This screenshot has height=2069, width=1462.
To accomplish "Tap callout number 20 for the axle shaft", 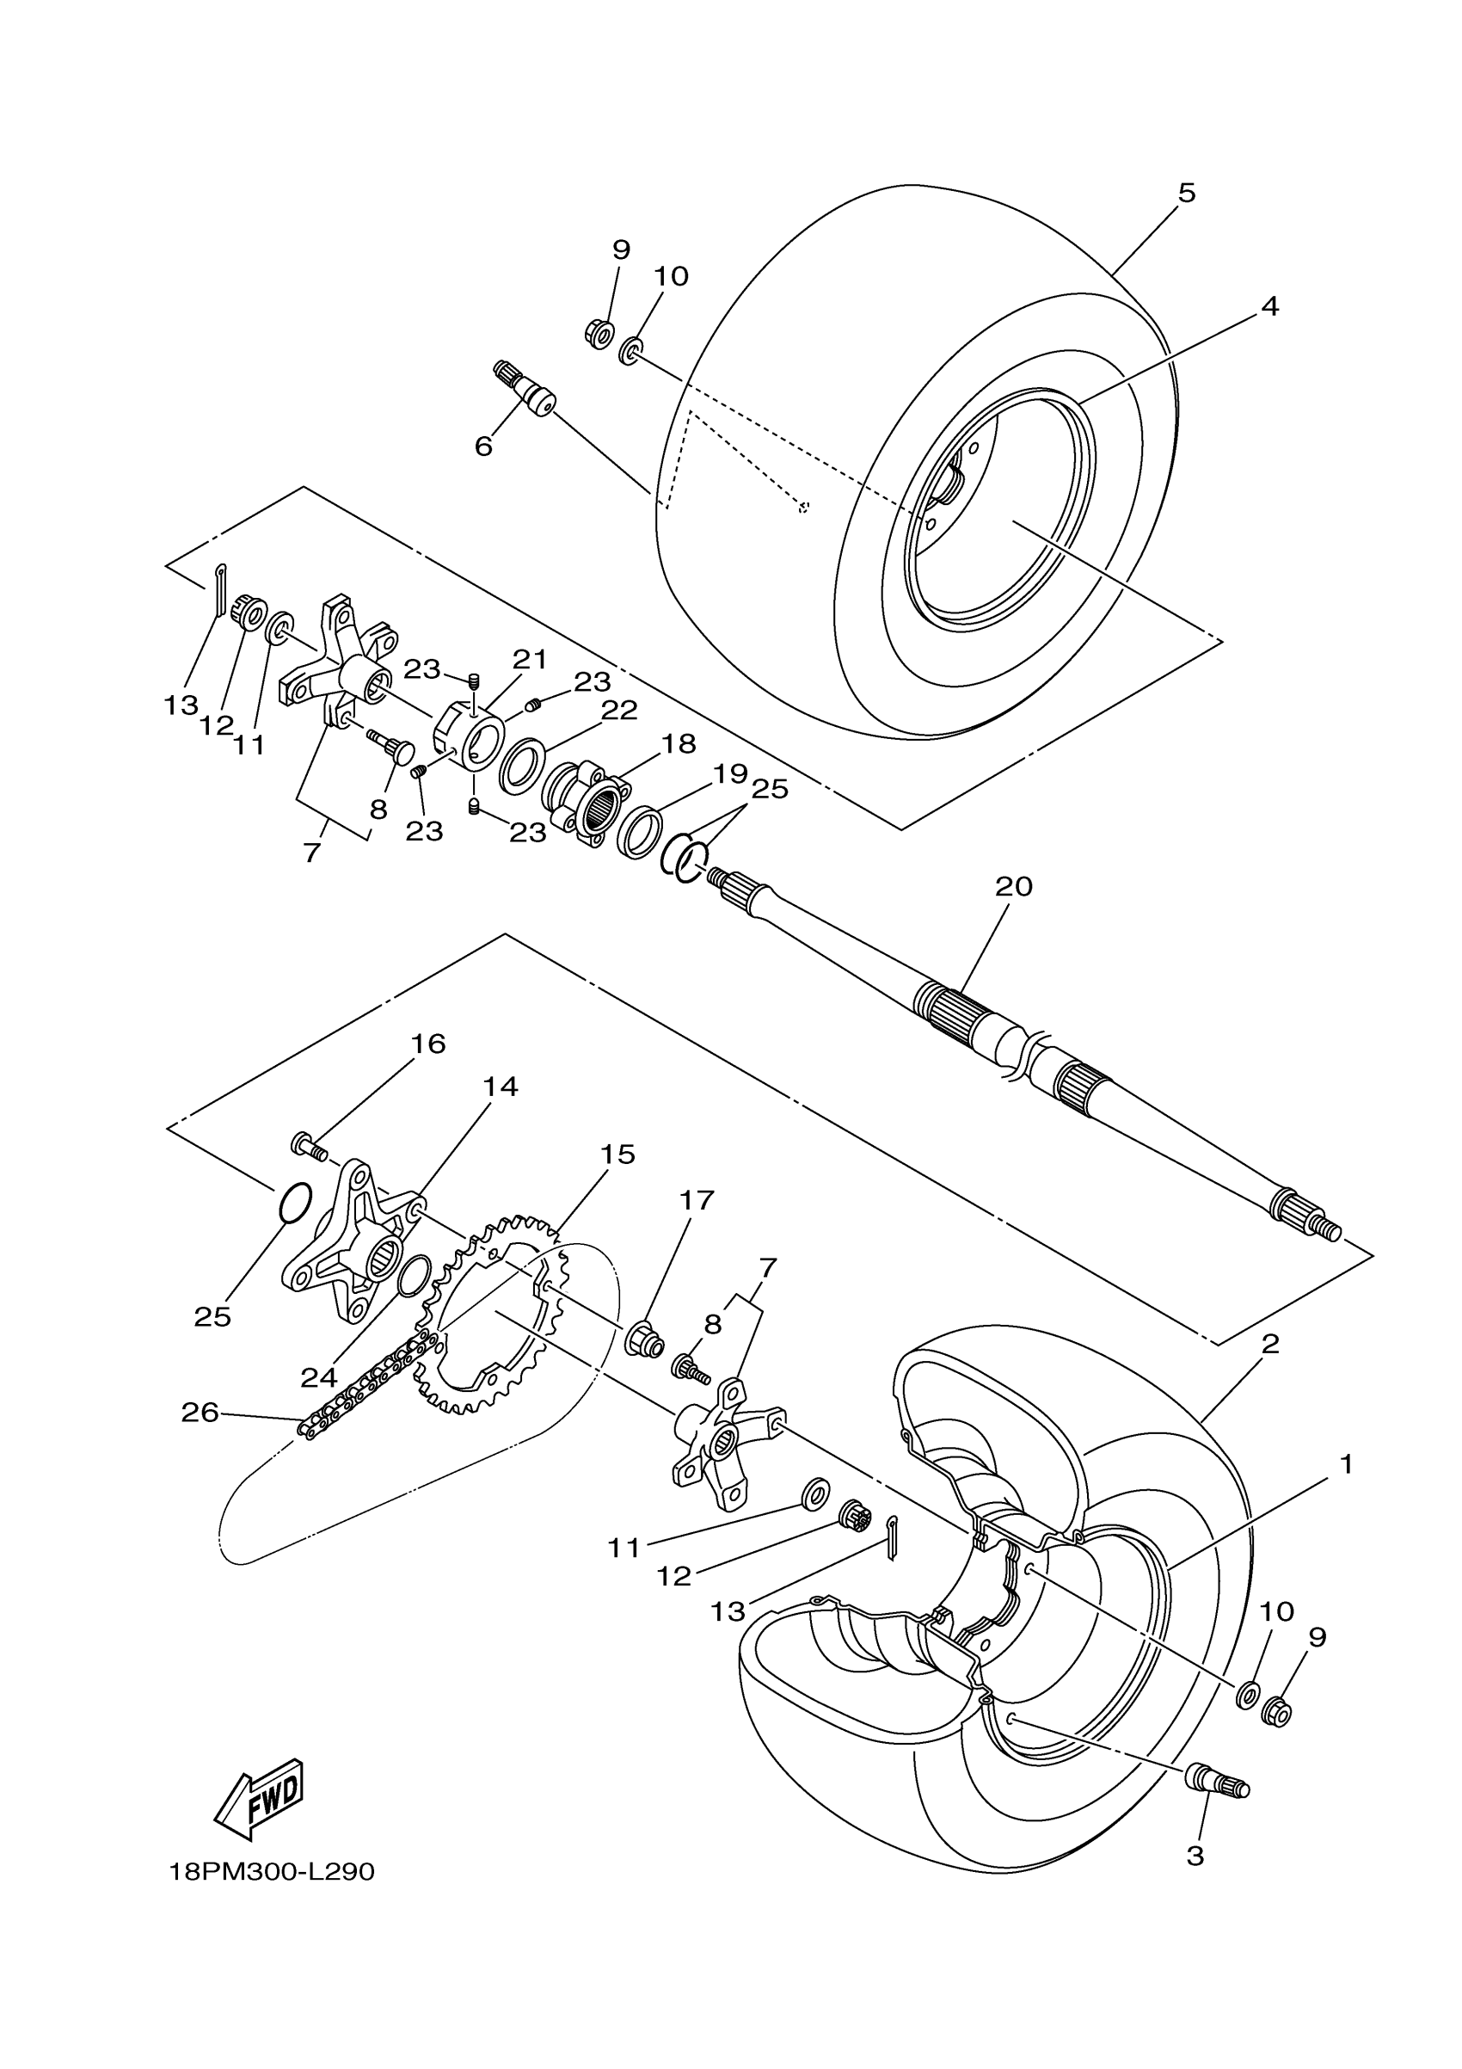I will coord(1013,887).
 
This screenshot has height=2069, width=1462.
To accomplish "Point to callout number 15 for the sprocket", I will coord(619,1155).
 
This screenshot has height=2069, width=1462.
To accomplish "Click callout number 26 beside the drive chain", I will coord(200,1412).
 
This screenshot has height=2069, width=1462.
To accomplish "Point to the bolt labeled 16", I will coord(307,1146).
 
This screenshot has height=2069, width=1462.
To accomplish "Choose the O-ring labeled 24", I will coord(414,1277).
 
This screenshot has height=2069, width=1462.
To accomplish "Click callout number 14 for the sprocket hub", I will coord(500,1087).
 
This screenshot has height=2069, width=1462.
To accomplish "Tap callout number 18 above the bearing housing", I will coord(679,743).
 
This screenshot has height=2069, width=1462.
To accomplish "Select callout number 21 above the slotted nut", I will coord(530,660).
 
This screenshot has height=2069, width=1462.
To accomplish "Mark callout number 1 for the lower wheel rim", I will coord(1346,1465).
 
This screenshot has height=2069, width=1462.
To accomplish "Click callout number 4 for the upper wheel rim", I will coord(1269,306).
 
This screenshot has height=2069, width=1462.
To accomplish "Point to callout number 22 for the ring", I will coord(619,710).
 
